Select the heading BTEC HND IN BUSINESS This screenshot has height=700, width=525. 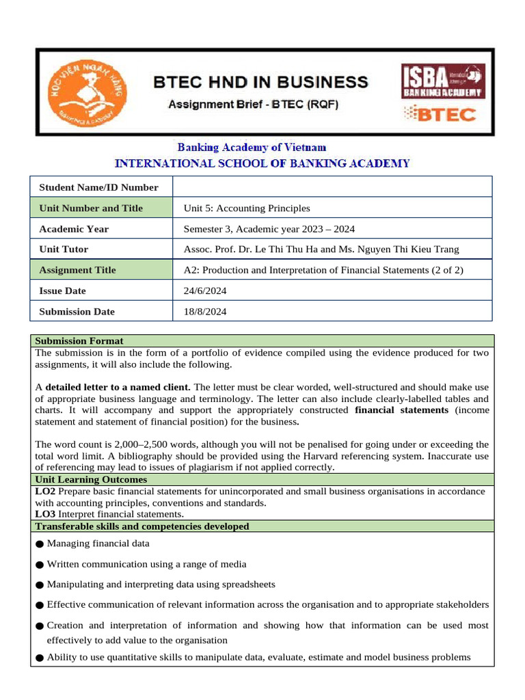coord(259,83)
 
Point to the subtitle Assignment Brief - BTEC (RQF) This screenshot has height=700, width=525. coord(253,105)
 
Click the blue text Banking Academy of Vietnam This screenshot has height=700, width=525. coord(252,147)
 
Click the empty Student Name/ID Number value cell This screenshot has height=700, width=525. coord(332,187)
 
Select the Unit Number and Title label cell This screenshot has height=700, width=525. coord(102,208)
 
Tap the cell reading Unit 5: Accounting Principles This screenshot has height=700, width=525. coord(247,208)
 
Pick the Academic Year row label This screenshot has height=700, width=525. coord(74,229)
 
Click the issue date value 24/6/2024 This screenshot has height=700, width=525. coord(205,291)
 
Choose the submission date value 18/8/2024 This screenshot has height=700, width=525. coord(205,311)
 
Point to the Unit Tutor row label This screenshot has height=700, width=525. coord(64,250)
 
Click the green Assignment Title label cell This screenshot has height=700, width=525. coord(102,270)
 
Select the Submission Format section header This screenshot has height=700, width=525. coord(79,340)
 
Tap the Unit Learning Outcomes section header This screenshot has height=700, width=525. coord(91,480)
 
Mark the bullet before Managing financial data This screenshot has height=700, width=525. coord(40,544)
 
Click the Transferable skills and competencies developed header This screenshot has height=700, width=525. coord(142,526)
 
